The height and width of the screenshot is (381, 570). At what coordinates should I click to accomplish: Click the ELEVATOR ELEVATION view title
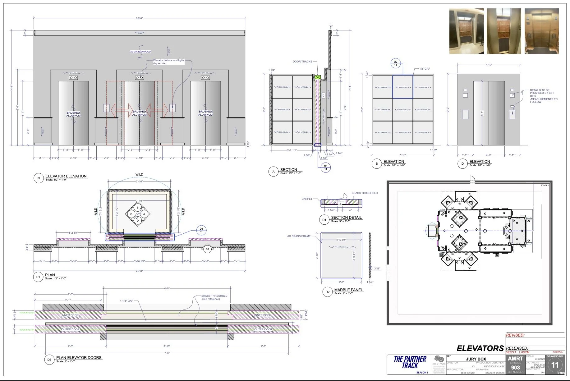(x=66, y=176)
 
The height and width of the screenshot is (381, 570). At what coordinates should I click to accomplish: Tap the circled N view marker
(x=39, y=178)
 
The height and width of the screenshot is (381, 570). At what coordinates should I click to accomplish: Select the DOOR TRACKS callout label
(x=302, y=62)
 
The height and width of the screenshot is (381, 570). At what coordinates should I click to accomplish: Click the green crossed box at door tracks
(x=317, y=77)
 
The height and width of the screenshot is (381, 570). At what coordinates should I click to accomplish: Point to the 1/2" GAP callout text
(x=425, y=69)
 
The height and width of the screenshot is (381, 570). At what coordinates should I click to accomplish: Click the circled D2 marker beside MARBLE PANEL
(x=327, y=292)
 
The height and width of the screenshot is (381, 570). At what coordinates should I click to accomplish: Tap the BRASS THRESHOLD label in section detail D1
(x=365, y=193)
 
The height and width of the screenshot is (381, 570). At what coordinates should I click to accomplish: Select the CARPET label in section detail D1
(x=307, y=199)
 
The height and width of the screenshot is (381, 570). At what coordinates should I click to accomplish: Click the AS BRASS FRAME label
(x=299, y=236)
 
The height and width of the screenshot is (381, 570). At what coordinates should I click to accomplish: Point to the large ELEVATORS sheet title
(x=480, y=349)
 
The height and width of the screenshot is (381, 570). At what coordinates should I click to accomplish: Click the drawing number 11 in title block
(x=555, y=365)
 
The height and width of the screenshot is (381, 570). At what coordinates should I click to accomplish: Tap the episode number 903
(x=515, y=367)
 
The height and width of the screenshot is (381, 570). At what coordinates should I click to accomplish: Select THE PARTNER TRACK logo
(x=410, y=362)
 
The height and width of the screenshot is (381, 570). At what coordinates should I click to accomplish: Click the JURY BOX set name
(x=476, y=359)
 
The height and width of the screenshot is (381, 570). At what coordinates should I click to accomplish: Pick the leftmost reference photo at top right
(x=466, y=31)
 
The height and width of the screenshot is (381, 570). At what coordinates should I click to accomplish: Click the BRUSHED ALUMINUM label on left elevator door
(x=73, y=114)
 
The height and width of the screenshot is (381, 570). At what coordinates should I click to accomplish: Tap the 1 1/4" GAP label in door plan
(x=126, y=301)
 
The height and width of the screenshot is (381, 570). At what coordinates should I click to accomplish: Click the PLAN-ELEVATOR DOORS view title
(x=79, y=358)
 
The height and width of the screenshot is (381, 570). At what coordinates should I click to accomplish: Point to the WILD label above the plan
(x=139, y=175)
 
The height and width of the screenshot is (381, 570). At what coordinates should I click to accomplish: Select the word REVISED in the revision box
(x=515, y=335)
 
